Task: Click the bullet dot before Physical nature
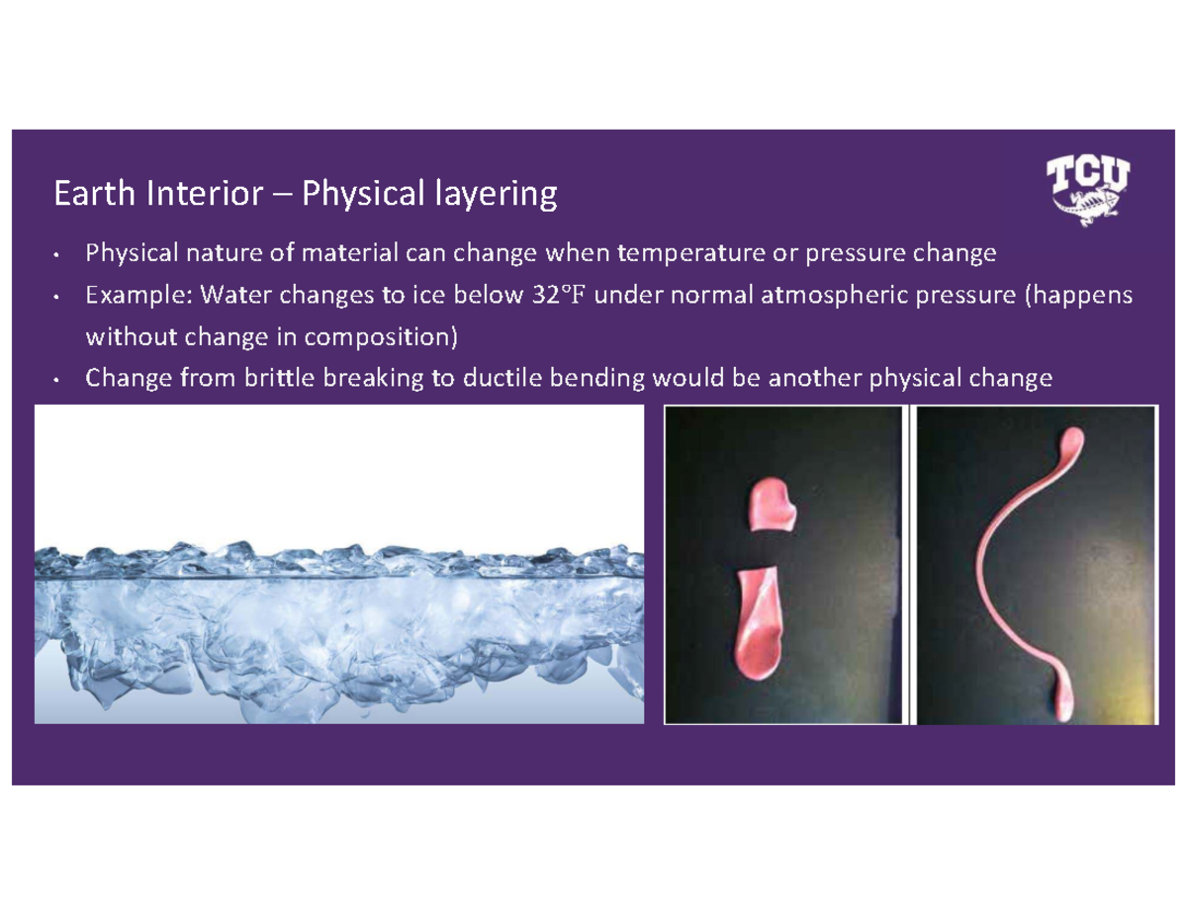59,256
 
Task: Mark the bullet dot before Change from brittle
59,380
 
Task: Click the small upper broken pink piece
773,503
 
